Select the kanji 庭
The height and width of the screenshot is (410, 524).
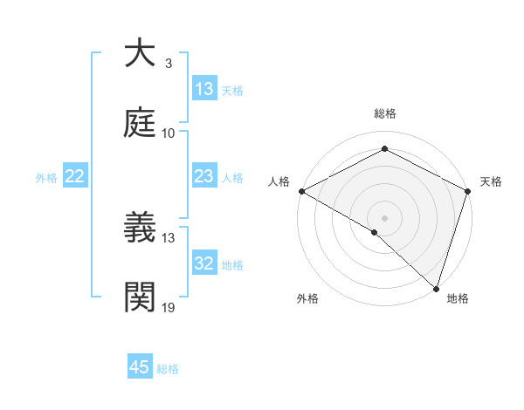coord(141,123)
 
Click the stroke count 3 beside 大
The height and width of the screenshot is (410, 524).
coord(168,64)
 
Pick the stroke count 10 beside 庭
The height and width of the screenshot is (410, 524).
coord(169,133)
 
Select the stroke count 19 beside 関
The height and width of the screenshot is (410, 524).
coord(169,308)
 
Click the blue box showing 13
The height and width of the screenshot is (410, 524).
coord(204,89)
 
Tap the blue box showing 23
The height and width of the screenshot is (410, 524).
coord(204,176)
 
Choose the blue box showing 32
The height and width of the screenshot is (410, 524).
coord(204,263)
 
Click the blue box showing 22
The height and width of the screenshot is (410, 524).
coord(75,176)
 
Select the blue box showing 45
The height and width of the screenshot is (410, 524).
coord(140,367)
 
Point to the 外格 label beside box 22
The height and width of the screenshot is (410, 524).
coord(46,178)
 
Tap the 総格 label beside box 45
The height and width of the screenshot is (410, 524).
coord(168,369)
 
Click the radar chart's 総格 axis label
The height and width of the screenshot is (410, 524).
coord(384,113)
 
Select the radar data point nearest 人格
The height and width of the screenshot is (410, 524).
coord(301,191)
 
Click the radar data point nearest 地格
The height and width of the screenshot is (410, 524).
coord(436,288)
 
